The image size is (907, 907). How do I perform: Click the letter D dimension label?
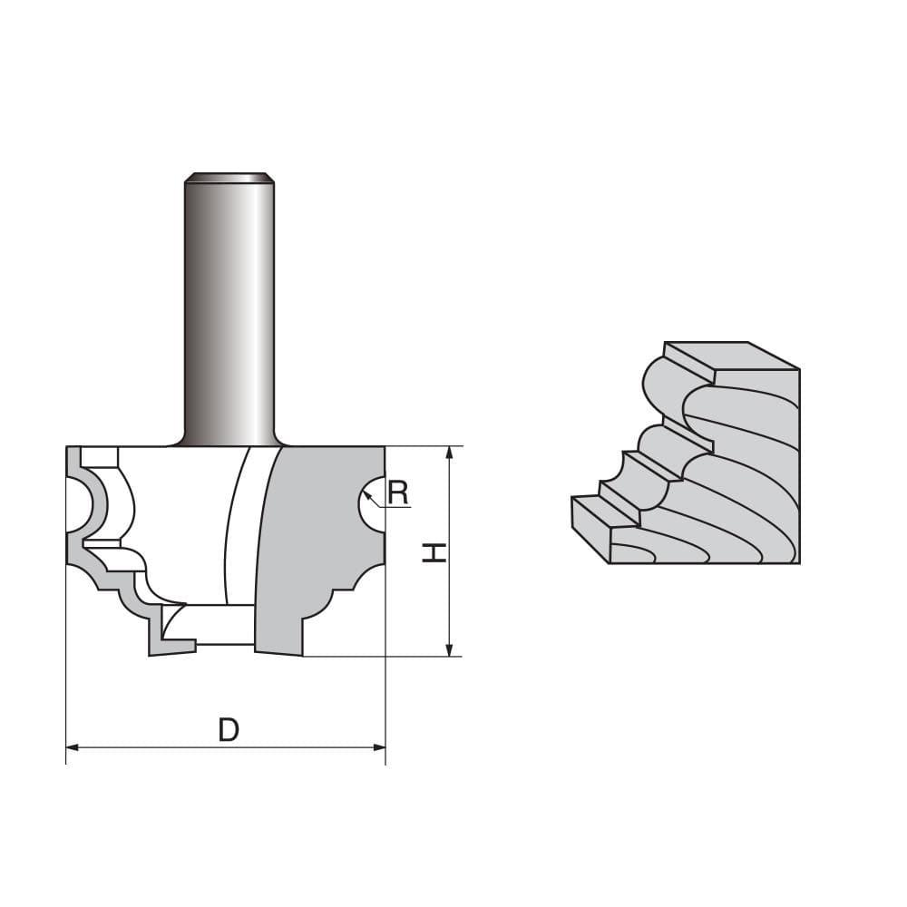229,729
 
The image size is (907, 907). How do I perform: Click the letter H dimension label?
435,551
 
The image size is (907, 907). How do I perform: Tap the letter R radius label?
397,493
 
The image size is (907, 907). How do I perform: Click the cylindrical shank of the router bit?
229,308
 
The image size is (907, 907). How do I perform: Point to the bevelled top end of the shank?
229,177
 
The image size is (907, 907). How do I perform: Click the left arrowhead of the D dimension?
73,747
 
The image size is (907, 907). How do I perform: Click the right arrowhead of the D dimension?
379,747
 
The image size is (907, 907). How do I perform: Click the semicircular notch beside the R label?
370,503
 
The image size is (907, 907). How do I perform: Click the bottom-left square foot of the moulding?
590,526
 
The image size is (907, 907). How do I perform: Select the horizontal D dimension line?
227,747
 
